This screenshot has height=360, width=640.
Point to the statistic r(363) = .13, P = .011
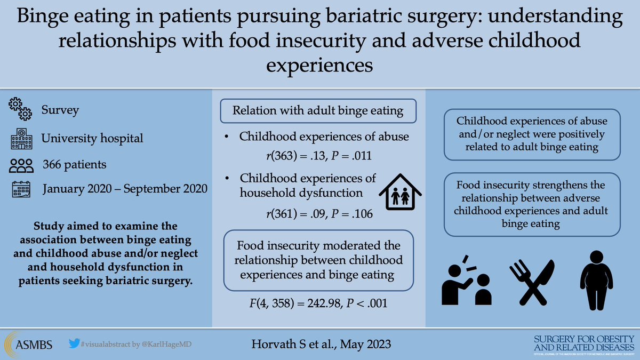(x=318, y=156)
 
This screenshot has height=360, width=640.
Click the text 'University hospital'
(x=92, y=138)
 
